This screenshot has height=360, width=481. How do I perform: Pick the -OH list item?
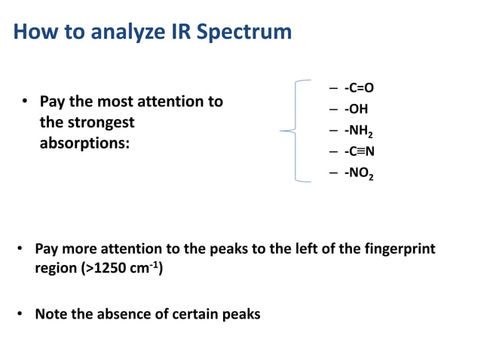click(x=355, y=109)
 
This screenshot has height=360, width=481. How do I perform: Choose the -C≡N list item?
click(x=359, y=151)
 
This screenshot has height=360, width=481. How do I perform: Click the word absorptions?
click(x=84, y=142)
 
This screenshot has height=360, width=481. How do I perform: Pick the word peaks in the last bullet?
click(x=240, y=314)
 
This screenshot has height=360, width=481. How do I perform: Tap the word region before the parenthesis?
click(x=56, y=268)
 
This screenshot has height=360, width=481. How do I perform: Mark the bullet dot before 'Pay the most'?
click(x=24, y=101)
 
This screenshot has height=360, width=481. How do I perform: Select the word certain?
click(x=192, y=314)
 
